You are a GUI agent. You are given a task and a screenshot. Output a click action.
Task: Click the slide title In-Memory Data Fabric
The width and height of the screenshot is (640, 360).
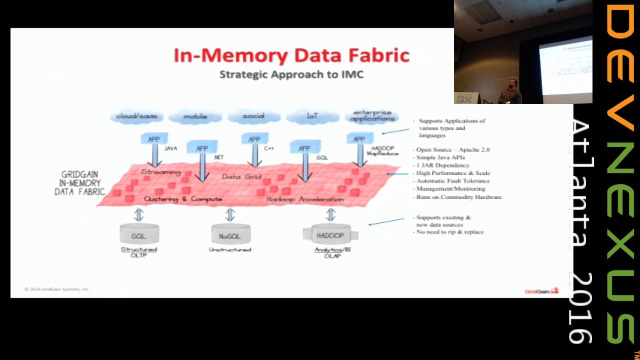pyautogui.click(x=291, y=55)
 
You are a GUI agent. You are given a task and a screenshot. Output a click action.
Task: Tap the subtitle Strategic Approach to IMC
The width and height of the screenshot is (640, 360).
pyautogui.click(x=291, y=75)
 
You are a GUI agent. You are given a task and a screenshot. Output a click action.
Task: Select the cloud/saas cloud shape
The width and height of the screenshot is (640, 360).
pyautogui.click(x=136, y=116)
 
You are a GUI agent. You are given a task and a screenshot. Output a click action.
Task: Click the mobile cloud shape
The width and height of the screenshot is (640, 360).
pyautogui.click(x=195, y=117)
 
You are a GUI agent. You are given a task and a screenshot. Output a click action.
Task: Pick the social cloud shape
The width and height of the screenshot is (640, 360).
pyautogui.click(x=253, y=116)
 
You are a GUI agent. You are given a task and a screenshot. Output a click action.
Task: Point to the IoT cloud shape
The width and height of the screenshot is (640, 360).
pyautogui.click(x=312, y=116)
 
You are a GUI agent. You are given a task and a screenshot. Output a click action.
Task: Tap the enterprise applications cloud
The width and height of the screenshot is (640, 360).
pyautogui.click(x=372, y=116)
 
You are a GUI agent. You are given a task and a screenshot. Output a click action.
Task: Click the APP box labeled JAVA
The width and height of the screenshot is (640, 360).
pyautogui.click(x=153, y=139)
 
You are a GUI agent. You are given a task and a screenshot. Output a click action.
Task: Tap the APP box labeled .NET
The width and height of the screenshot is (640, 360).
pyautogui.click(x=202, y=148)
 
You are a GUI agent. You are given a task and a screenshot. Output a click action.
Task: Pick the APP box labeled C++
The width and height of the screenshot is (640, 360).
pyautogui.click(x=254, y=139)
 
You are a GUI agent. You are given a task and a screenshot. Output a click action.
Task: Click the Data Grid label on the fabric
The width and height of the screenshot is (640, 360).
pyautogui.click(x=241, y=176)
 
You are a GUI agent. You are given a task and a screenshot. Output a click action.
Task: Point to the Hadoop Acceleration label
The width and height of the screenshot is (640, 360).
pyautogui.click(x=305, y=199)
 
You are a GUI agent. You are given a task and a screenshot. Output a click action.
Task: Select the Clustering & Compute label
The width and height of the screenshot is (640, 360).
pyautogui.click(x=183, y=199)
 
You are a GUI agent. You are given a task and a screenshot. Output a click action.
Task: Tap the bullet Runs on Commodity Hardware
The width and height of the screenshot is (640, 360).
pyautogui.click(x=459, y=197)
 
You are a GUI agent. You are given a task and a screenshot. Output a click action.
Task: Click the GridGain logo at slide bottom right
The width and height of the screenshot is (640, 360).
pyautogui.click(x=541, y=291)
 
